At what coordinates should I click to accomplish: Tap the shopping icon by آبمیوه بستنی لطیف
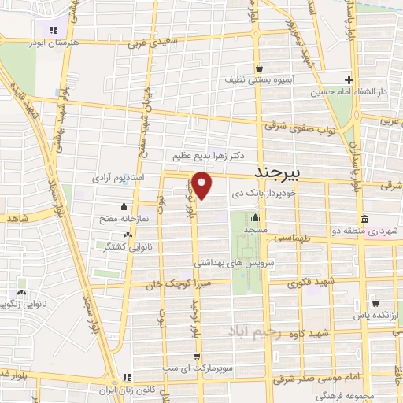(258, 68)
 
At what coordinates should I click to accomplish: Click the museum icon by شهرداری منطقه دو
(363, 218)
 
